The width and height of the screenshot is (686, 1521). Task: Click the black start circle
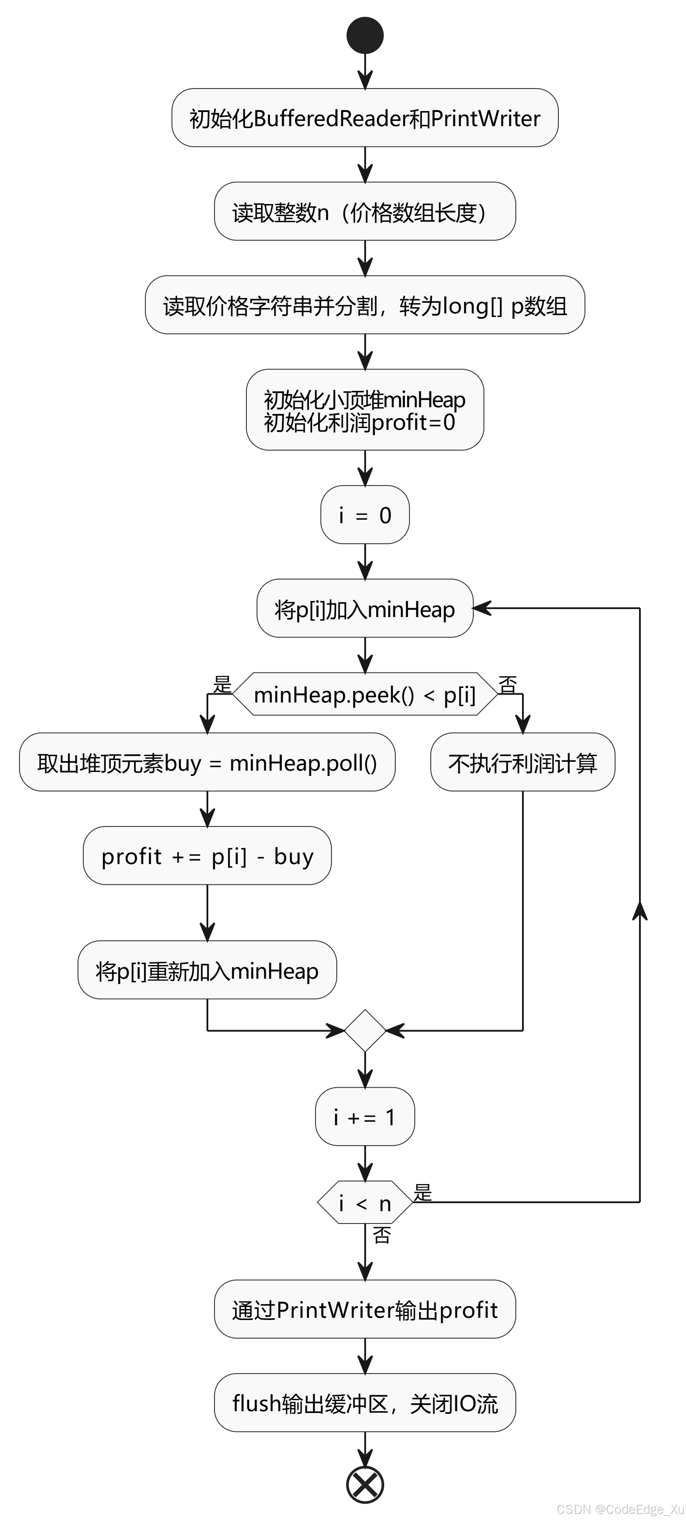pos(365,35)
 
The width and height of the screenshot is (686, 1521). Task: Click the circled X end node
pos(365,1484)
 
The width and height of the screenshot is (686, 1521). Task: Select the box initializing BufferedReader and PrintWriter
pos(365,118)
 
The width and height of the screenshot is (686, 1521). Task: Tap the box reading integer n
pos(365,212)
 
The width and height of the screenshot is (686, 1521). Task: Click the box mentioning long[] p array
pos(365,305)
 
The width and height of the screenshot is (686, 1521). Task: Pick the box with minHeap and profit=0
pos(365,410)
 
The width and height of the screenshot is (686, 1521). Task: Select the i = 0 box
pos(365,515)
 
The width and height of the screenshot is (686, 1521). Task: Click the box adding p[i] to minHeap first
pos(365,608)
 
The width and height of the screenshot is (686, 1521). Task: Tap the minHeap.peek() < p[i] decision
pos(365,695)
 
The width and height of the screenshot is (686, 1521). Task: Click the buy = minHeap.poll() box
pos(207,762)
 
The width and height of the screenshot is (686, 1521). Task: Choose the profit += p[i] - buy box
pos(207,856)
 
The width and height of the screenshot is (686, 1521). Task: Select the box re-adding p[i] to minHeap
pos(207,970)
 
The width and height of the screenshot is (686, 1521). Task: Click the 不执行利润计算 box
pos(522,762)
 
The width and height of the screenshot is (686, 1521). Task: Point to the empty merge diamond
pos(365,1031)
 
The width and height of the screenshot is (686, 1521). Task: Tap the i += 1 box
pos(365,1116)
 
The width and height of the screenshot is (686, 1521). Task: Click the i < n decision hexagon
pos(365,1202)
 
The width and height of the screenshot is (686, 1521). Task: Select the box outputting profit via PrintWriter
pos(365,1309)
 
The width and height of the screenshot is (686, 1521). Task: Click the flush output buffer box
pos(365,1402)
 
